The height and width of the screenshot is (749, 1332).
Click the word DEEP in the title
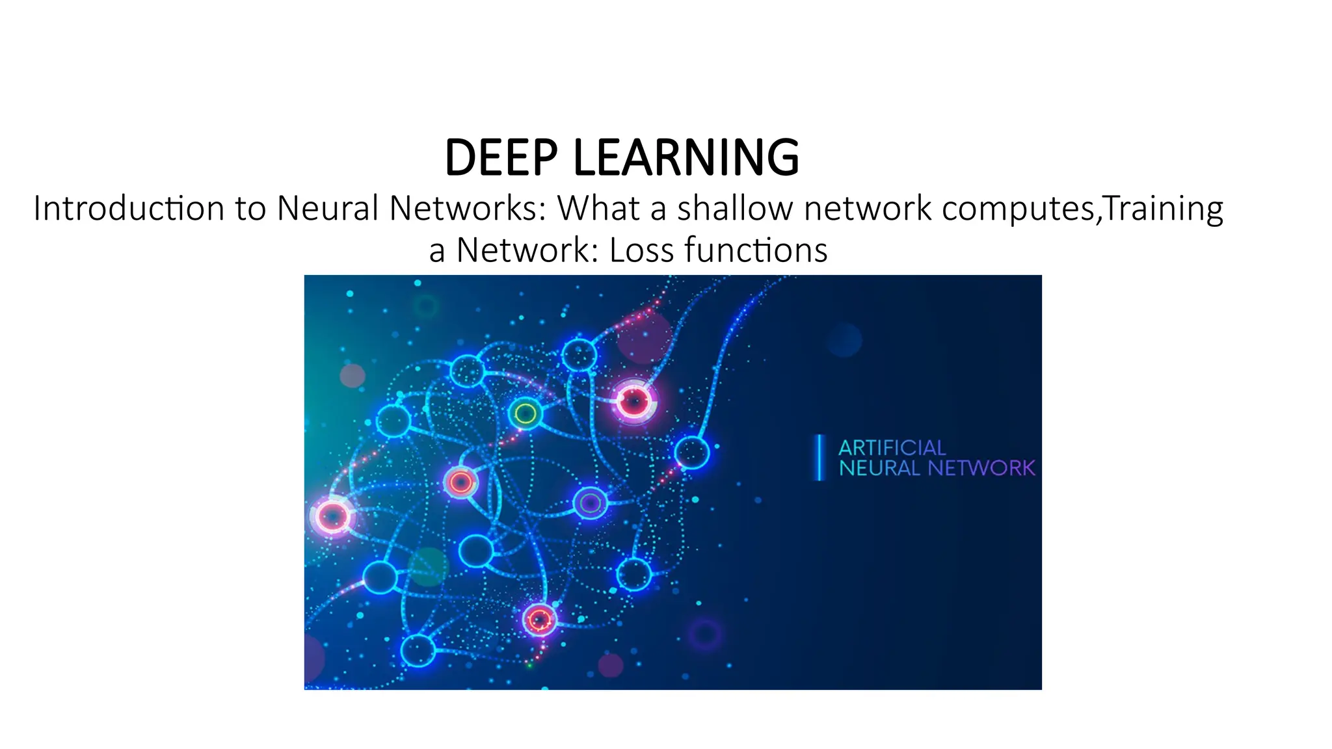501,158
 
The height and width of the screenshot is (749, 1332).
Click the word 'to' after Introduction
250,209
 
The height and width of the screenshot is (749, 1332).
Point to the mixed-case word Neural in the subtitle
328,209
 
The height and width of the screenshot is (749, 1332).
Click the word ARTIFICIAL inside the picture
892,447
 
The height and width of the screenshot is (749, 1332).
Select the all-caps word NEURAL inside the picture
879,468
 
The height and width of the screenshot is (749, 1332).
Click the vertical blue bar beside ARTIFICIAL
821,458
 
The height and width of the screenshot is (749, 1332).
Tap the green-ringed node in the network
525,413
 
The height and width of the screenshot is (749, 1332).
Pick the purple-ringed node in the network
590,503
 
